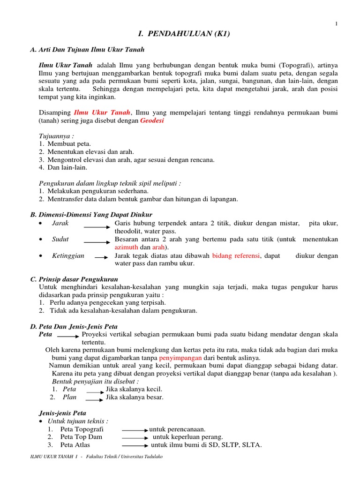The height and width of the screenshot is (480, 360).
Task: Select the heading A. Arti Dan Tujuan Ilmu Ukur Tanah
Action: [87, 49]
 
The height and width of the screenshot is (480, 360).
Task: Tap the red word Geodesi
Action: [152, 121]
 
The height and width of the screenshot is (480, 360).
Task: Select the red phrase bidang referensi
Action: [237, 255]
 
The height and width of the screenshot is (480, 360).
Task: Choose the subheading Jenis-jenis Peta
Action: [62, 413]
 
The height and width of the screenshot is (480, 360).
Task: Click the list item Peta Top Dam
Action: [81, 437]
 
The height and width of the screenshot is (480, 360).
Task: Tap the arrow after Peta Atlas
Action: [135, 445]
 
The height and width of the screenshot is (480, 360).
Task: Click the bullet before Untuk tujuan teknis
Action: [42, 421]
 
